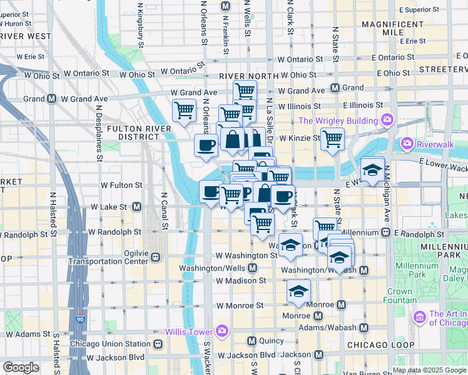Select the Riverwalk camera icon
coord(408,144)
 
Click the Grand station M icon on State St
coord(335,88)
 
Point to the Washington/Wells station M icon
coord(252,268)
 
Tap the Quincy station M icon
coord(252,341)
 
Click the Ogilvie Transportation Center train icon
coord(155,257)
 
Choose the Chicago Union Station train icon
coord(158,344)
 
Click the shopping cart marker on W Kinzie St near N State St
coord(332,139)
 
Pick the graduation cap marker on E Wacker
coord(372,170)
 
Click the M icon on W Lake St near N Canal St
coord(136,206)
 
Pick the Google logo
coord(21,367)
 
